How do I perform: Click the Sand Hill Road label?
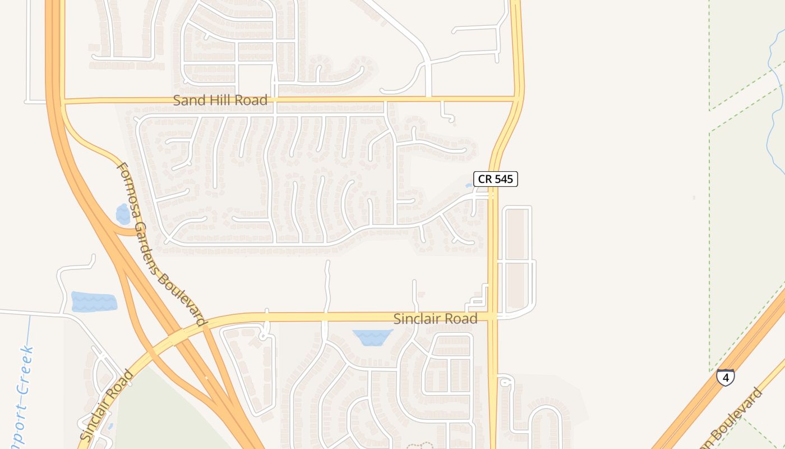[x=220, y=100]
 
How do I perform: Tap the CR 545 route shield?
[x=495, y=179]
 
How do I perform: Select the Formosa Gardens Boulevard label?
[x=160, y=244]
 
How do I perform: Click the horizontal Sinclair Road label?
[x=435, y=319]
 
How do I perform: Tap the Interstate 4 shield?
[x=726, y=377]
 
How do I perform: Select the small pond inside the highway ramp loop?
[x=123, y=214]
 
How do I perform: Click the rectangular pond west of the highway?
[x=94, y=301]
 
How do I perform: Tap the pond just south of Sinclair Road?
[x=372, y=337]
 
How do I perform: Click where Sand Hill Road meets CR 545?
[x=517, y=99]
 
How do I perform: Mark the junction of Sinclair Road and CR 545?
[x=493, y=317]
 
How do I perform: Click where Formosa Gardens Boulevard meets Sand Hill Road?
[x=63, y=102]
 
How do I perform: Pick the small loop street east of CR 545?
[x=505, y=382]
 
